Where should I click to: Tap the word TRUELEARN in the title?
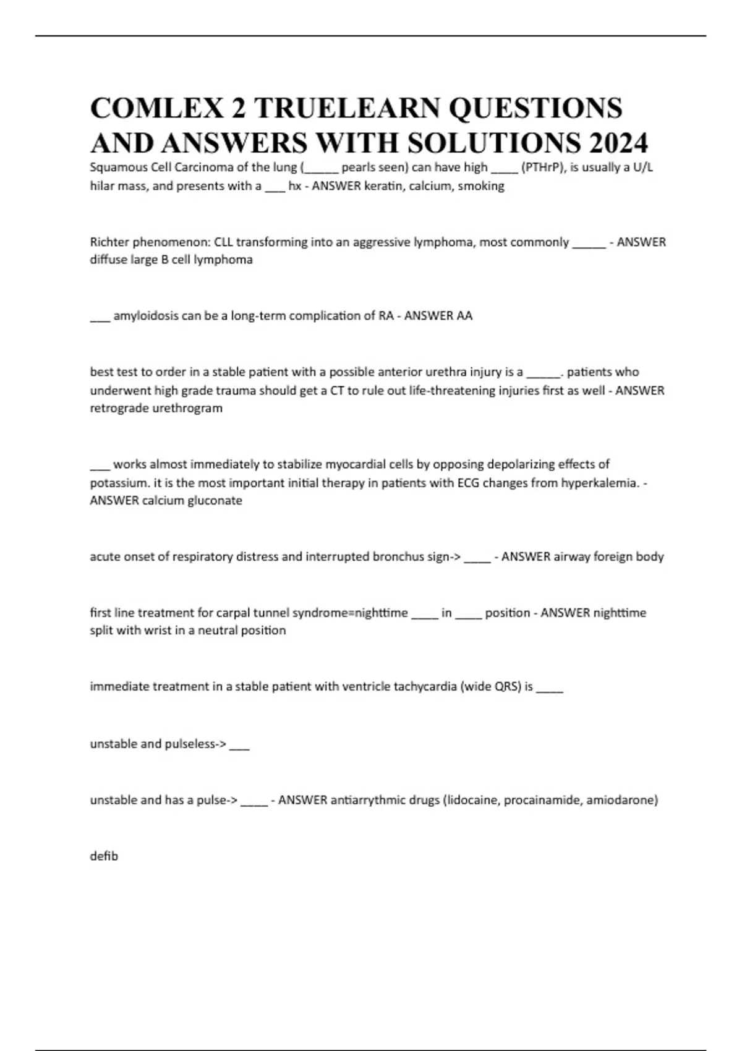346,108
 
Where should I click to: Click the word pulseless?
192,744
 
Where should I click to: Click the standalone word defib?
104,856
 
